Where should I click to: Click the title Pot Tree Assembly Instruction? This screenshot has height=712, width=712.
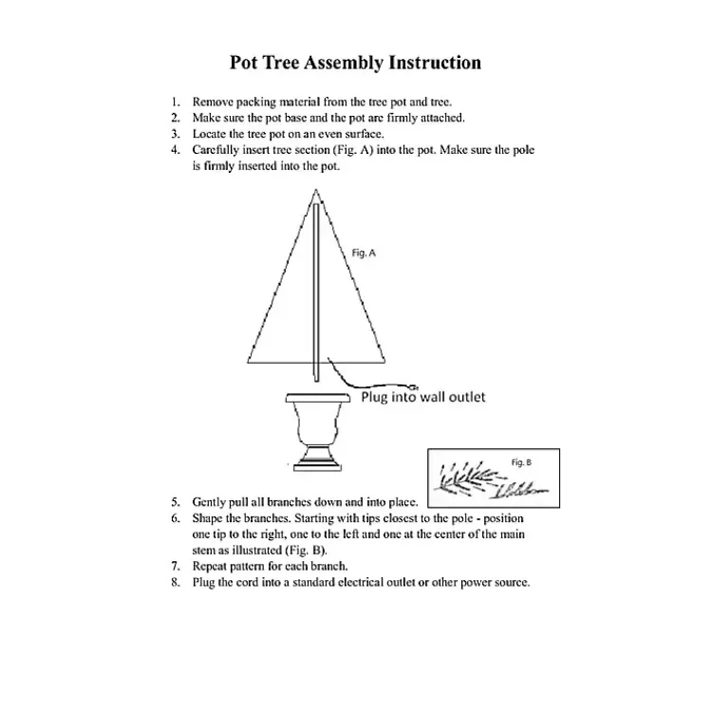[355, 64]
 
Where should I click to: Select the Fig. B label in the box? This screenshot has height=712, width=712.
[521, 461]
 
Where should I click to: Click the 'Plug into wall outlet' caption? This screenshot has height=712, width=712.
[423, 397]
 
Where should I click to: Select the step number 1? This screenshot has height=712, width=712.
[175, 101]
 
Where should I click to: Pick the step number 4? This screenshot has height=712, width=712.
[175, 150]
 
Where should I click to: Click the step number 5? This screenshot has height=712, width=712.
[175, 501]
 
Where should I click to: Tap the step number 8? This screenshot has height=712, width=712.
[175, 582]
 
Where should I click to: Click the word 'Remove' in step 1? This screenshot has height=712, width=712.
[214, 101]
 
